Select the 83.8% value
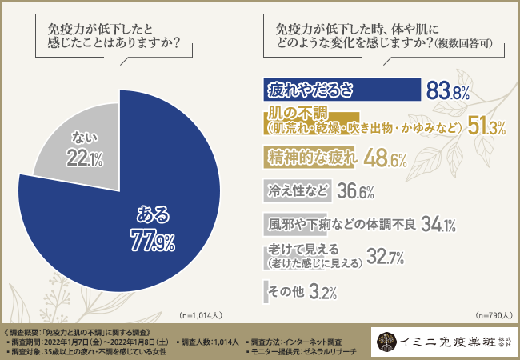[447, 91]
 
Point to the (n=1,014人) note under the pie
[202, 315]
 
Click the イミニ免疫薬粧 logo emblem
[386, 342]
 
